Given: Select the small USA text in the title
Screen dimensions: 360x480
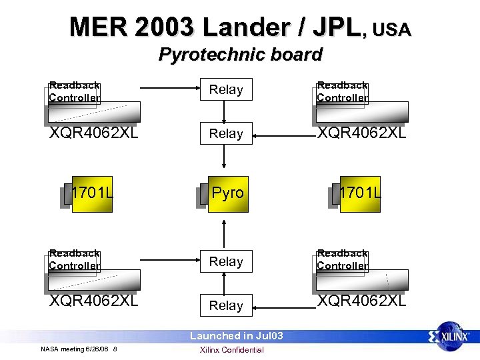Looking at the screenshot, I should click(x=392, y=30).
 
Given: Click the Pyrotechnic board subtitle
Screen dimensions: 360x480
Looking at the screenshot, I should click(x=240, y=55).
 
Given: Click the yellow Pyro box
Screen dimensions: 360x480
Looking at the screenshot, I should click(x=227, y=193).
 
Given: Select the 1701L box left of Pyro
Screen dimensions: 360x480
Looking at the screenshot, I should click(x=92, y=193).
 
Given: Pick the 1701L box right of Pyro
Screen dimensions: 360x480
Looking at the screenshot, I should click(x=359, y=193).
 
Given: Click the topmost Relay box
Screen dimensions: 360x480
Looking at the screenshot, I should click(x=226, y=89).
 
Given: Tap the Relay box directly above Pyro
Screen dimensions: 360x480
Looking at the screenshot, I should click(x=226, y=133).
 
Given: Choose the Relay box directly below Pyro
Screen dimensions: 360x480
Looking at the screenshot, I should click(x=226, y=261).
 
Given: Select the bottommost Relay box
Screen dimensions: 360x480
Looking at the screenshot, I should click(x=226, y=305).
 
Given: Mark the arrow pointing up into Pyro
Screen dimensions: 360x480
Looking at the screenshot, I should click(x=225, y=231).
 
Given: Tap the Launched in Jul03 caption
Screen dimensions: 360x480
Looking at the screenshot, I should click(x=237, y=336).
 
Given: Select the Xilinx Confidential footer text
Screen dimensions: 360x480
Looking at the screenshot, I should click(x=232, y=350).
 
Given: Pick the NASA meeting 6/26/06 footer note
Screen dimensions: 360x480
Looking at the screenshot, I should click(x=79, y=349).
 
